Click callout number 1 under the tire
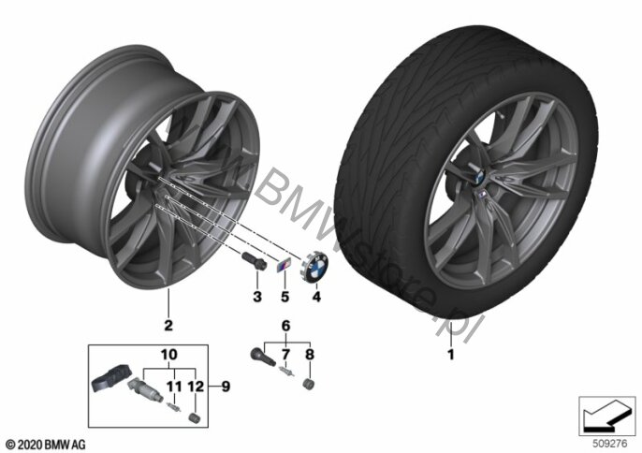(x=450, y=355)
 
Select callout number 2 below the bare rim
(x=168, y=326)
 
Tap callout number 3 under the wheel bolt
(x=257, y=296)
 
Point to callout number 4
(x=316, y=296)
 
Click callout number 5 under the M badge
(x=285, y=296)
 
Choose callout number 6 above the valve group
(x=285, y=326)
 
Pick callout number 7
(x=285, y=355)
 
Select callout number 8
(x=310, y=355)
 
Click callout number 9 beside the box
(x=226, y=387)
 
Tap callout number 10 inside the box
(x=169, y=355)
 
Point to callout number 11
(x=174, y=387)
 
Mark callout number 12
(x=196, y=387)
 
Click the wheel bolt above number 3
(x=254, y=261)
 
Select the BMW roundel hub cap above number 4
(x=316, y=268)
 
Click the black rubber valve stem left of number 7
(x=262, y=356)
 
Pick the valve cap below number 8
(x=310, y=385)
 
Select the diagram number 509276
(x=610, y=444)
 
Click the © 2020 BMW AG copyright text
(x=46, y=444)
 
